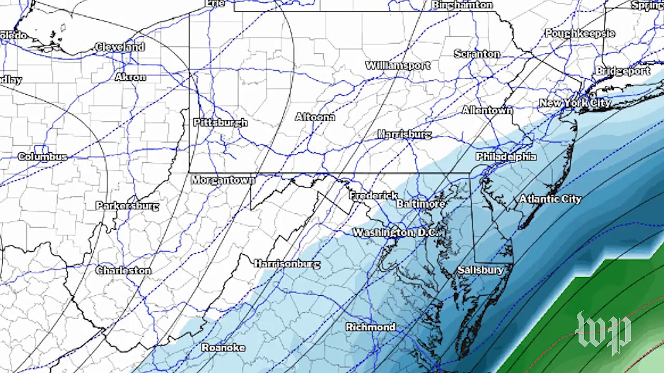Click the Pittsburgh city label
pos(220,123)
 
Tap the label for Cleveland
pos(120,47)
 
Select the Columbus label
pos(43,156)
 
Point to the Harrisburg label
pos(404,135)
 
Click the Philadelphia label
pos(506,156)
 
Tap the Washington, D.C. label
pos(395,233)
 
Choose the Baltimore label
pos(421,204)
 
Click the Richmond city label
pos(370,327)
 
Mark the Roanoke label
pos(223,348)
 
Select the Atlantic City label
pos(550,199)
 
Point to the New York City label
pos(575,103)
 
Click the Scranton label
pos(477,54)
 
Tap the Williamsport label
pos(398,66)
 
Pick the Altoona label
pos(315,117)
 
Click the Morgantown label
pos(223,180)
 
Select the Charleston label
pos(123,270)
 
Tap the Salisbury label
pos(480,270)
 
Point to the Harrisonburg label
pos(287,264)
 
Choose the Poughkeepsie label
pos(579,34)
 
